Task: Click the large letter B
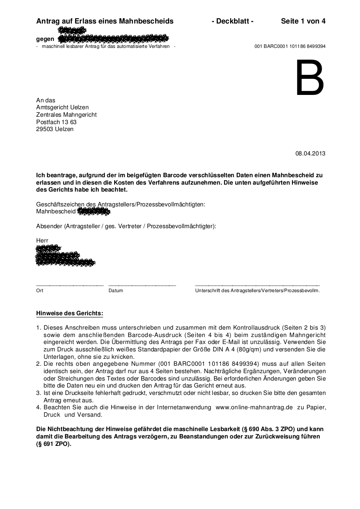pos(310,78)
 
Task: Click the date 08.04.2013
pos(310,153)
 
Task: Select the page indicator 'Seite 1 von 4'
pos(303,21)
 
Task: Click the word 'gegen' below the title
pos(45,39)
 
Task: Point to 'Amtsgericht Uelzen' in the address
pos(62,108)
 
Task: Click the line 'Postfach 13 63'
pos(56,122)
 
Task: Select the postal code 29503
pos(45,129)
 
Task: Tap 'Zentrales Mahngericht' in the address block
pos(66,115)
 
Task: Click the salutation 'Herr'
pos(42,240)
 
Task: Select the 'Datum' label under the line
pos(115,290)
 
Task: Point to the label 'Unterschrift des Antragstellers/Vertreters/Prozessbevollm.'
pos(257,290)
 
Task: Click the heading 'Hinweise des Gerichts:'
pos(70,313)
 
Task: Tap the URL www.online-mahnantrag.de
pos(254,407)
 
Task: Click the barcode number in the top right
pos(290,46)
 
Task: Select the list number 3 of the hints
pos(38,393)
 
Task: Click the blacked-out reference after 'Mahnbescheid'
pos(93,212)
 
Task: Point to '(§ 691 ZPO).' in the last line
pos(53,444)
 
